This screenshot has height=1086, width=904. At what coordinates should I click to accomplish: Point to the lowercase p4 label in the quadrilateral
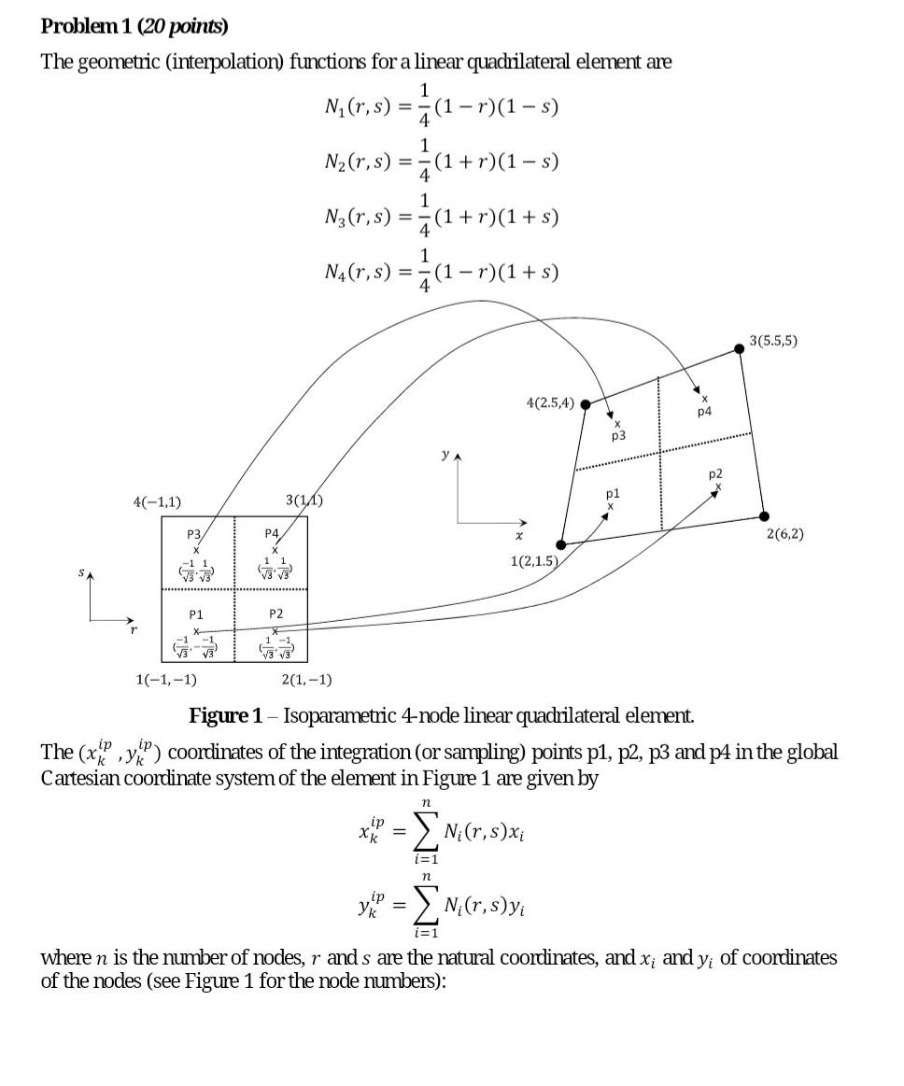click(703, 411)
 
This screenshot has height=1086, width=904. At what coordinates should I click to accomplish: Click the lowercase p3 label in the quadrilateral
click(617, 436)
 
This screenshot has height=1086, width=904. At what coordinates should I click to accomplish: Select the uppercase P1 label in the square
click(196, 614)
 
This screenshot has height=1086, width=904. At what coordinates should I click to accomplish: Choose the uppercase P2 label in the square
click(275, 614)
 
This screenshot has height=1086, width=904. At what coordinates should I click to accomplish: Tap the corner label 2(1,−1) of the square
click(306, 680)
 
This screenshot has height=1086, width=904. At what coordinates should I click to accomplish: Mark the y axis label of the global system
click(445, 457)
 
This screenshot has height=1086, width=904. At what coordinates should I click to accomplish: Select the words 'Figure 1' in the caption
click(225, 716)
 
